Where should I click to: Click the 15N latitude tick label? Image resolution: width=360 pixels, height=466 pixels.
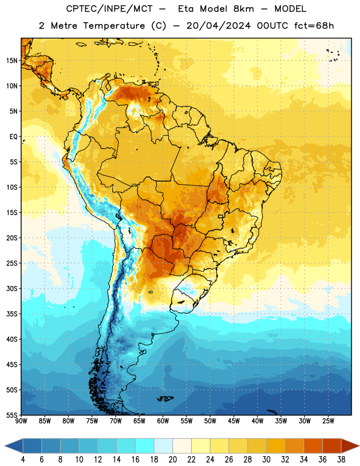pyautogui.click(x=12, y=61)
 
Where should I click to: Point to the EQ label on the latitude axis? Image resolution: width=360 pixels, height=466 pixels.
pyautogui.click(x=13, y=137)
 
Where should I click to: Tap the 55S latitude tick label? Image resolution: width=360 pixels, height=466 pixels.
pyautogui.click(x=12, y=415)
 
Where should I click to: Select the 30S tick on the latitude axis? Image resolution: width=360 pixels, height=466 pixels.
pyautogui.click(x=12, y=288)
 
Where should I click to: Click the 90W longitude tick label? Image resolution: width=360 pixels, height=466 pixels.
pyautogui.click(x=21, y=421)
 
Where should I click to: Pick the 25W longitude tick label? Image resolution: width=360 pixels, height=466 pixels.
pyautogui.click(x=328, y=421)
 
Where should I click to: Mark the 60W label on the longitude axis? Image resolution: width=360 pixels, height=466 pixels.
pyautogui.click(x=163, y=421)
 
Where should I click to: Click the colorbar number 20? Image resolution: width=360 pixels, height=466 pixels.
pyautogui.click(x=172, y=460)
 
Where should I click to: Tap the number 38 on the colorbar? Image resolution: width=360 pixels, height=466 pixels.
pyautogui.click(x=341, y=460)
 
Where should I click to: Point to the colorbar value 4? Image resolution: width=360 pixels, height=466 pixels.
pyautogui.click(x=23, y=460)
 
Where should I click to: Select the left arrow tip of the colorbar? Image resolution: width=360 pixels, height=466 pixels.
pyautogui.click(x=5, y=446)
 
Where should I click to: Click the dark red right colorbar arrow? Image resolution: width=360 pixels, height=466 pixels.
pyautogui.click(x=350, y=446)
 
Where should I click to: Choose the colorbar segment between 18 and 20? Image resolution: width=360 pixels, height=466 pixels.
pyautogui.click(x=163, y=446)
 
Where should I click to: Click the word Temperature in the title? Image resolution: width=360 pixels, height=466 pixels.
pyautogui.click(x=114, y=26)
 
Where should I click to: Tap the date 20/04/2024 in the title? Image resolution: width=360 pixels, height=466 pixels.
pyautogui.click(x=218, y=26)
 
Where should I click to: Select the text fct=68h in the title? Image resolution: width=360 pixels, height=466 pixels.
pyautogui.click(x=314, y=26)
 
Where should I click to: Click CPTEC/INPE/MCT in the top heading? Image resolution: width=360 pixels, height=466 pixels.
pyautogui.click(x=109, y=9)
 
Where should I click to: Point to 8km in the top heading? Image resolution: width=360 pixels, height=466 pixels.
pyautogui.click(x=243, y=9)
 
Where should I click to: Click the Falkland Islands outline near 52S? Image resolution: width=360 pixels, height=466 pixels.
pyautogui.click(x=165, y=398)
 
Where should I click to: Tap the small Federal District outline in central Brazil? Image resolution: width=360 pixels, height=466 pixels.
pyautogui.click(x=221, y=216)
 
